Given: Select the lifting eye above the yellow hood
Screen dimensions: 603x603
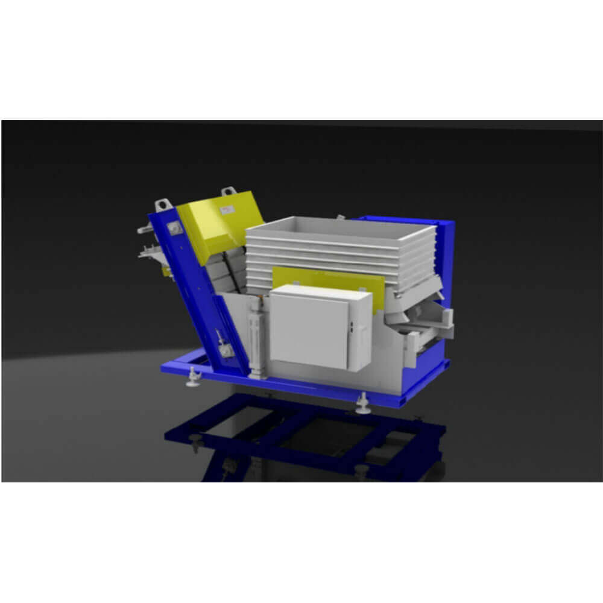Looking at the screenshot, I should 229,192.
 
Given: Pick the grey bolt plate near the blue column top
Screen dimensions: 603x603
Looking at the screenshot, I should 176,227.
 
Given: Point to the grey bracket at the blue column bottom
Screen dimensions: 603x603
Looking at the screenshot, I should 226,350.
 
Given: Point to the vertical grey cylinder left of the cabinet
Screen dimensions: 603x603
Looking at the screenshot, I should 256,338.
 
